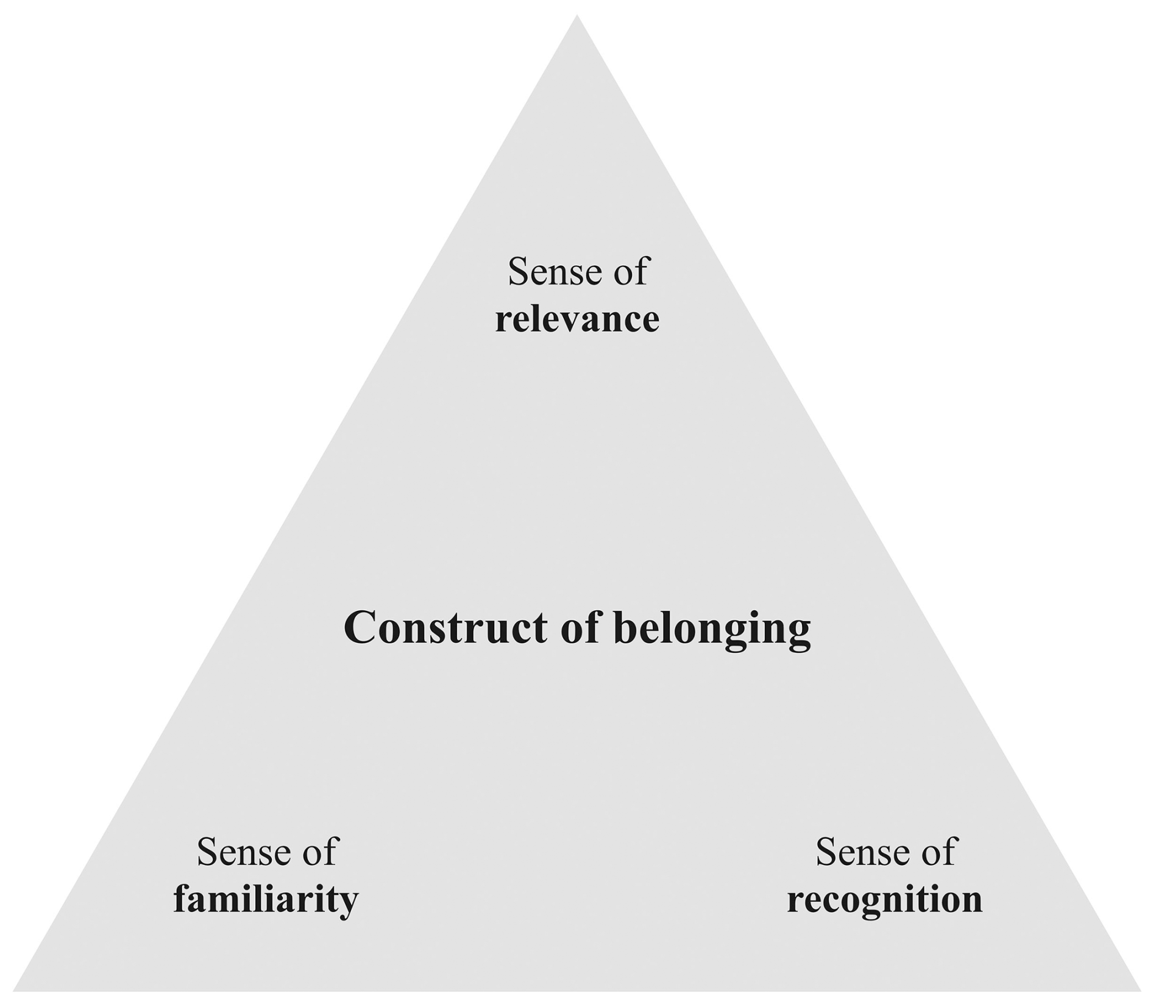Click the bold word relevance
[576, 319]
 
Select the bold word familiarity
[266, 899]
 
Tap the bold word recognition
[884, 899]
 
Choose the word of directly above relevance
[630, 271]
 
